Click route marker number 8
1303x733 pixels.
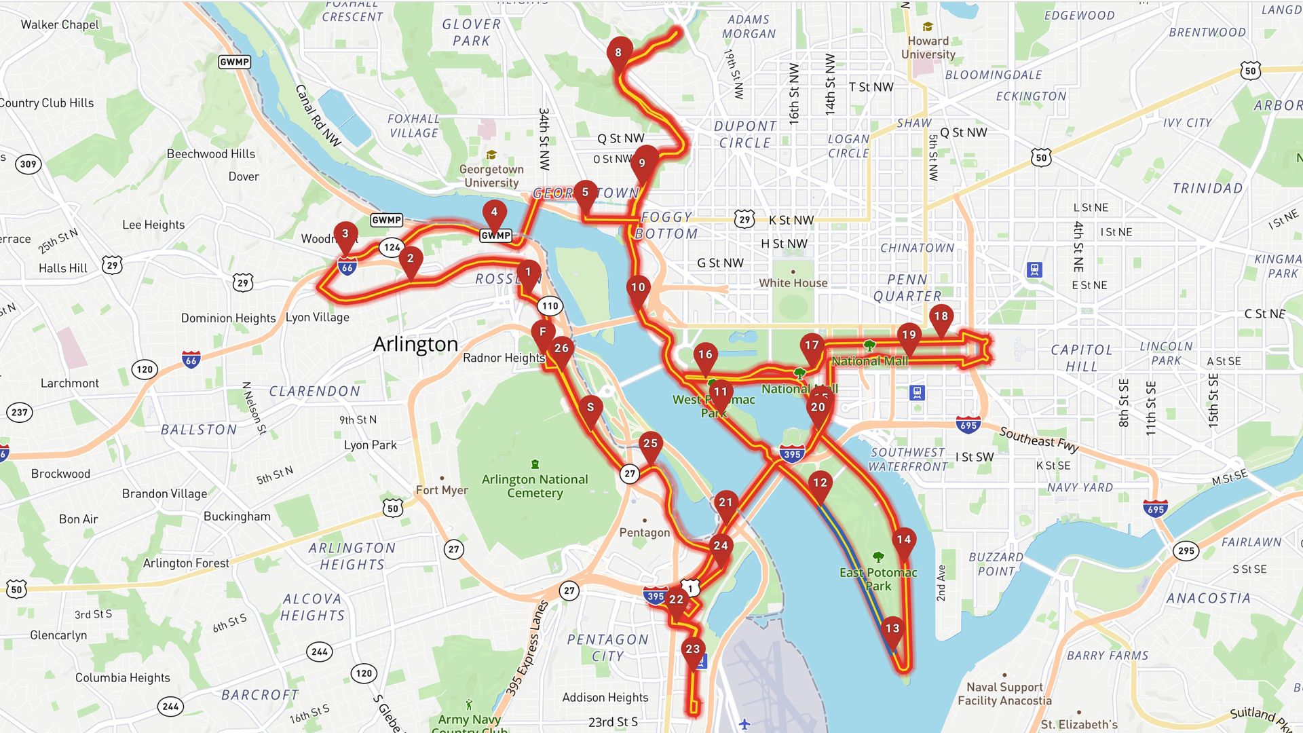click(x=618, y=53)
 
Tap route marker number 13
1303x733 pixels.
click(x=892, y=629)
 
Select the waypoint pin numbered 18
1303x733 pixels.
click(x=941, y=317)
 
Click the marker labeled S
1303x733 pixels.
click(x=590, y=408)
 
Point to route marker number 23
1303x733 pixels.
click(x=692, y=650)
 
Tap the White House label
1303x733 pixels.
click(x=793, y=283)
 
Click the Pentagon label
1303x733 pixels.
click(x=644, y=533)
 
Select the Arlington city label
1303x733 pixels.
click(x=415, y=344)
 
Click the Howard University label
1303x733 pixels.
click(x=928, y=48)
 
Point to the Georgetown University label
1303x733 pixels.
click(x=491, y=176)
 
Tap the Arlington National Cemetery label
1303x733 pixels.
click(x=535, y=486)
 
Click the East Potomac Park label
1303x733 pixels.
click(x=878, y=579)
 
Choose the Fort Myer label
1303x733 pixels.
click(x=442, y=490)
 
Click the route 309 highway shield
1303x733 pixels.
click(x=28, y=164)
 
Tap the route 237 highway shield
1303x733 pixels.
click(x=20, y=412)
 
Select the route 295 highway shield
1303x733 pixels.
click(x=1186, y=551)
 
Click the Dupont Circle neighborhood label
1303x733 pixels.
click(x=745, y=134)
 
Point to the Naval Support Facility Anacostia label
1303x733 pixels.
click(x=1004, y=694)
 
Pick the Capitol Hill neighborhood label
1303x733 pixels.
click(x=1081, y=358)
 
